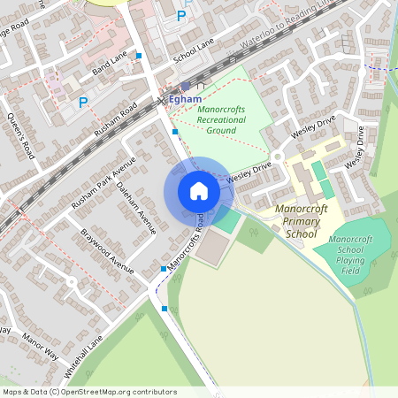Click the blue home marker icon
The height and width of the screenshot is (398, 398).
tap(198, 191)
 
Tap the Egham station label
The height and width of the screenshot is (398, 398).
tap(185, 100)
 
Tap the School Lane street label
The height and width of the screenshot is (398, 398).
tap(195, 53)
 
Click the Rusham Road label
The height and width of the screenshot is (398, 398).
tap(117, 120)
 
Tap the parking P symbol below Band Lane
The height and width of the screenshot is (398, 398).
tap(84, 103)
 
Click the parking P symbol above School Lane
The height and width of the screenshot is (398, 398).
tap(182, 15)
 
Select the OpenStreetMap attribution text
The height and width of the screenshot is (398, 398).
tap(88, 391)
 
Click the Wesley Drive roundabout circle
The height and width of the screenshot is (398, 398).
tap(277, 157)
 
